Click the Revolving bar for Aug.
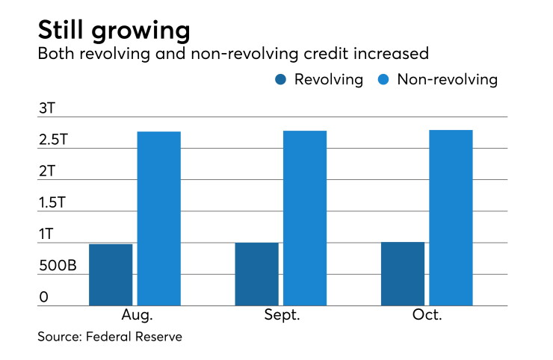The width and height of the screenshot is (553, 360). (x=111, y=275)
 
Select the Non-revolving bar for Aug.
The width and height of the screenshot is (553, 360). (x=159, y=219)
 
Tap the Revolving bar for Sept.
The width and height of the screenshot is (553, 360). (x=257, y=274)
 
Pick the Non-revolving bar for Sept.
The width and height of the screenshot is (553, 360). (x=305, y=218)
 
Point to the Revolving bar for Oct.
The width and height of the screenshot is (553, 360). (x=403, y=273)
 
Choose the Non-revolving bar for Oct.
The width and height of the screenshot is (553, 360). (x=451, y=218)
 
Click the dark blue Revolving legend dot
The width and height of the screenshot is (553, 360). (x=281, y=79)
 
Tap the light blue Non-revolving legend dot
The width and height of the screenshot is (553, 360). (x=383, y=79)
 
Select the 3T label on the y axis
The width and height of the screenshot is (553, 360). (x=47, y=108)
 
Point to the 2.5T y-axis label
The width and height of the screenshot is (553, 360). (x=53, y=140)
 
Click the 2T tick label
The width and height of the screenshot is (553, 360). (x=47, y=171)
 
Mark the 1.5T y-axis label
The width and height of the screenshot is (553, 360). (x=52, y=202)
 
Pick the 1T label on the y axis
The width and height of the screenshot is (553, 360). (x=46, y=234)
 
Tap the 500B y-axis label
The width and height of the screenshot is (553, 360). (x=58, y=265)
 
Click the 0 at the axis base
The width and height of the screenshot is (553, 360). (x=44, y=297)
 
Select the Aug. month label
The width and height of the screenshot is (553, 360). (x=138, y=314)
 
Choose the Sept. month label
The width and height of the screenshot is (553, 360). (x=282, y=314)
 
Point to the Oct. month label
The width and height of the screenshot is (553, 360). (x=427, y=314)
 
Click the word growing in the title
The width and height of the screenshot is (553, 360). (x=141, y=31)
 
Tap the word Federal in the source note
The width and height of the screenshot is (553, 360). (x=108, y=336)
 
